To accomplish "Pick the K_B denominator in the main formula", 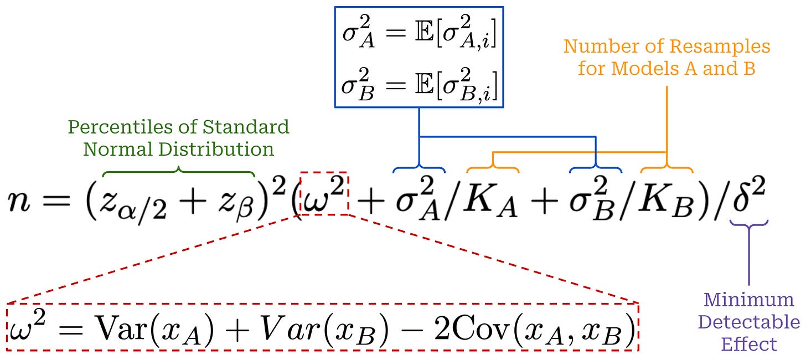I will (x=660, y=205).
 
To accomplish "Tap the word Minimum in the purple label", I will (x=748, y=300).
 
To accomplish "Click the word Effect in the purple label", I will (x=748, y=344).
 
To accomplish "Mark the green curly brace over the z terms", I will (x=178, y=171).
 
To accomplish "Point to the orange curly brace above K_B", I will (x=666, y=167).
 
